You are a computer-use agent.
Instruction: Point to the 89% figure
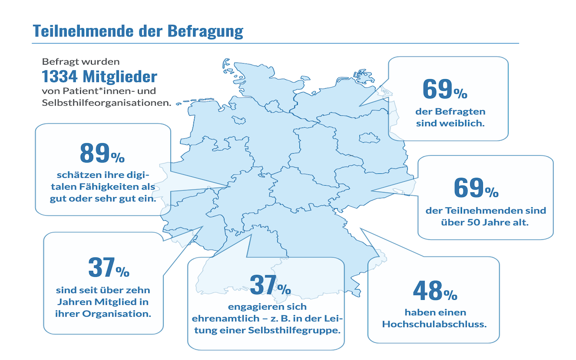[x=102, y=154]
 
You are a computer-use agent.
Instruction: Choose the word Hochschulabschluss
[x=434, y=325]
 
